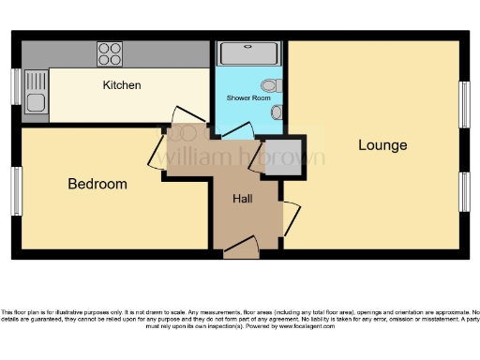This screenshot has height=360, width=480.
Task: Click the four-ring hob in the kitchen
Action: coord(110,53)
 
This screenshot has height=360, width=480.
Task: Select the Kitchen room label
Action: coord(122,85)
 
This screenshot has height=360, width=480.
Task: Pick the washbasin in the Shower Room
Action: coord(277,112)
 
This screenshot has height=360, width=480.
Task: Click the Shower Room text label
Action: coord(248,97)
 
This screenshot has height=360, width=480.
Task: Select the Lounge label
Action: coord(382,145)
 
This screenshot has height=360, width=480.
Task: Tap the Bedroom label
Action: coord(97,184)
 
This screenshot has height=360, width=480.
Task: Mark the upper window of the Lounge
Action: coord(463,104)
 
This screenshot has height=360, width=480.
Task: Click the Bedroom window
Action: coord(16,190)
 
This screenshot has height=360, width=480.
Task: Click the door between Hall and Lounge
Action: coord(290,217)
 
